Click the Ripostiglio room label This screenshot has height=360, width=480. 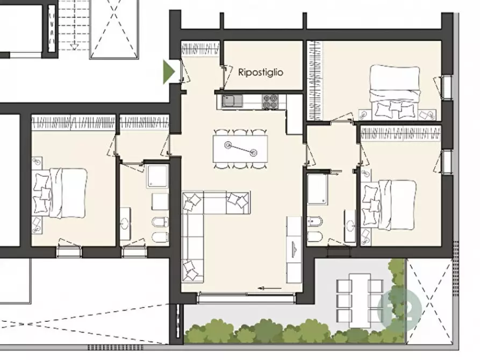(261, 73)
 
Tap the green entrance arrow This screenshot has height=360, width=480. (169, 72)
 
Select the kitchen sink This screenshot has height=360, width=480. (232, 100)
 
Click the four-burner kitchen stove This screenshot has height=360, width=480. (270, 102)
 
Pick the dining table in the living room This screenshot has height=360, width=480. (240, 149)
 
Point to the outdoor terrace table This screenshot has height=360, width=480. (360, 300)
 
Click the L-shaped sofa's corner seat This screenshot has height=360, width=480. (193, 203)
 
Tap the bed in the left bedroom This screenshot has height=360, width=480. (68, 193)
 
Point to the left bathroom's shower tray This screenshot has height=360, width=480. (157, 176)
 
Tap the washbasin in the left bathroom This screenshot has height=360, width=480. (125, 224)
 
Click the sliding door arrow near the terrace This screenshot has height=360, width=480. (270, 288)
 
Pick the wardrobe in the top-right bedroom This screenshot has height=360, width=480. (315, 81)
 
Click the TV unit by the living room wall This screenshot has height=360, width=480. (294, 250)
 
